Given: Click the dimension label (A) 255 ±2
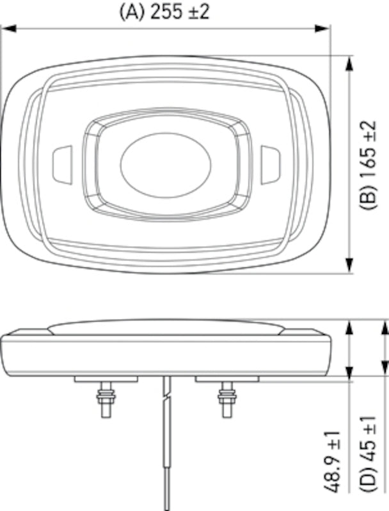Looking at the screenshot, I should tap(164, 12).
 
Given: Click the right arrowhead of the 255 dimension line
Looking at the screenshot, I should tap(324, 27).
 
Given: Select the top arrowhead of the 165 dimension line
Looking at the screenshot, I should tap(349, 62).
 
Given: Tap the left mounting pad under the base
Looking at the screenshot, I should tap(106, 379).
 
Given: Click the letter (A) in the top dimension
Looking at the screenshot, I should tap(129, 12).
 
